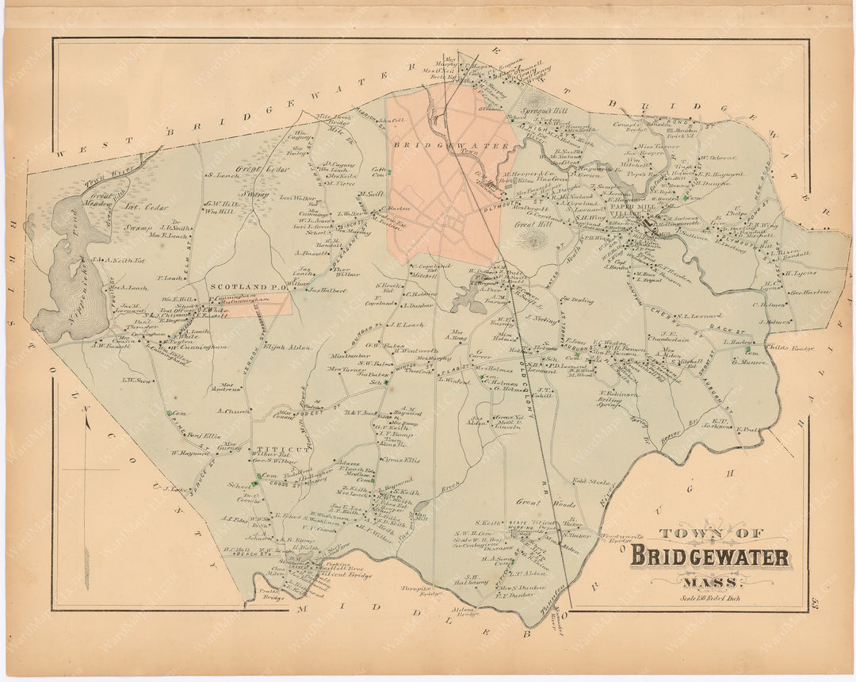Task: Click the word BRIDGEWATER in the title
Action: (709, 557)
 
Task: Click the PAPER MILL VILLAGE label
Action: (637, 210)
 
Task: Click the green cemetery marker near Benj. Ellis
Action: (170, 413)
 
